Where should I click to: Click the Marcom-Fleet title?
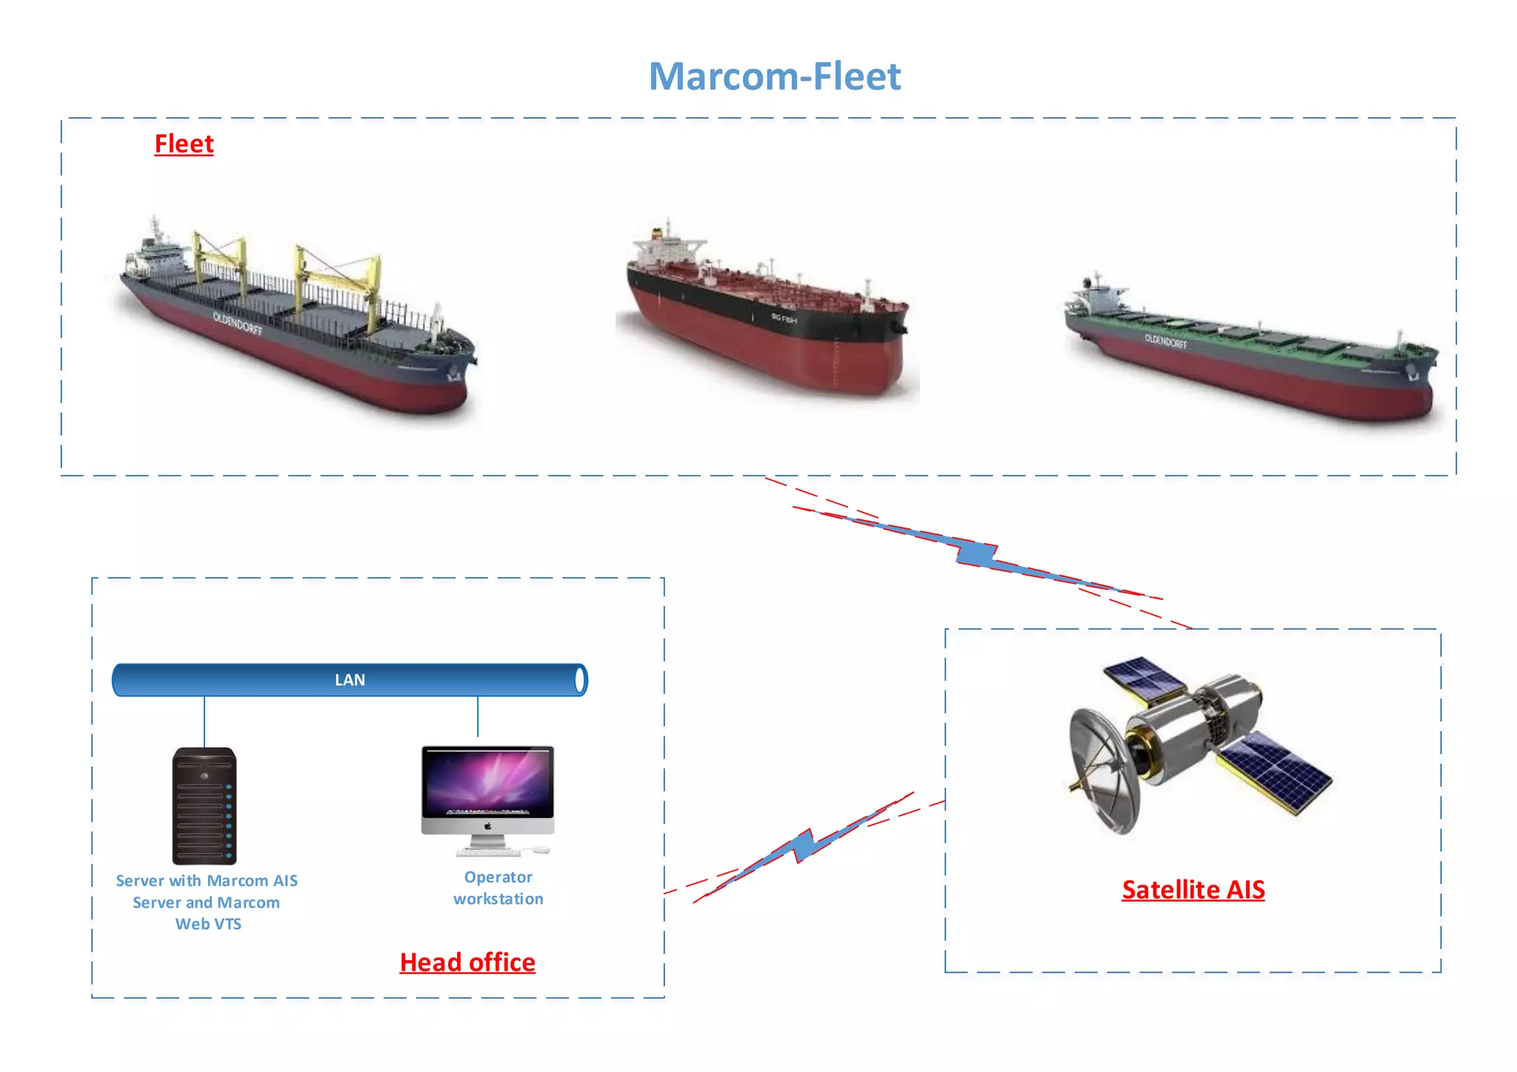[x=775, y=76]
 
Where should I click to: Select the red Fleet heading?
[x=184, y=144]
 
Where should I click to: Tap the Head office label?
[x=467, y=962]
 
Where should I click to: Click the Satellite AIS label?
[x=1193, y=890]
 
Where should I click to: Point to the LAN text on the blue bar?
[x=350, y=680]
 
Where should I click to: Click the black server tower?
[x=204, y=806]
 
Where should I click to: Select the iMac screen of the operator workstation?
[x=487, y=782]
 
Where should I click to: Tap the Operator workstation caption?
[x=499, y=888]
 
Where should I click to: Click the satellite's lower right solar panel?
[x=1276, y=770]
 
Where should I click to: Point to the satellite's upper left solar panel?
[x=1144, y=678]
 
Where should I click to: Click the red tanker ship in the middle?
[x=767, y=319]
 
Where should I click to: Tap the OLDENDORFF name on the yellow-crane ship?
[x=237, y=323]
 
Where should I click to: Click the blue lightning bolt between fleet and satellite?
[x=976, y=553]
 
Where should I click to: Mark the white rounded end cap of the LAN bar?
[x=580, y=680]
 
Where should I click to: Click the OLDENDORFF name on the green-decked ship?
[x=1165, y=341]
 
